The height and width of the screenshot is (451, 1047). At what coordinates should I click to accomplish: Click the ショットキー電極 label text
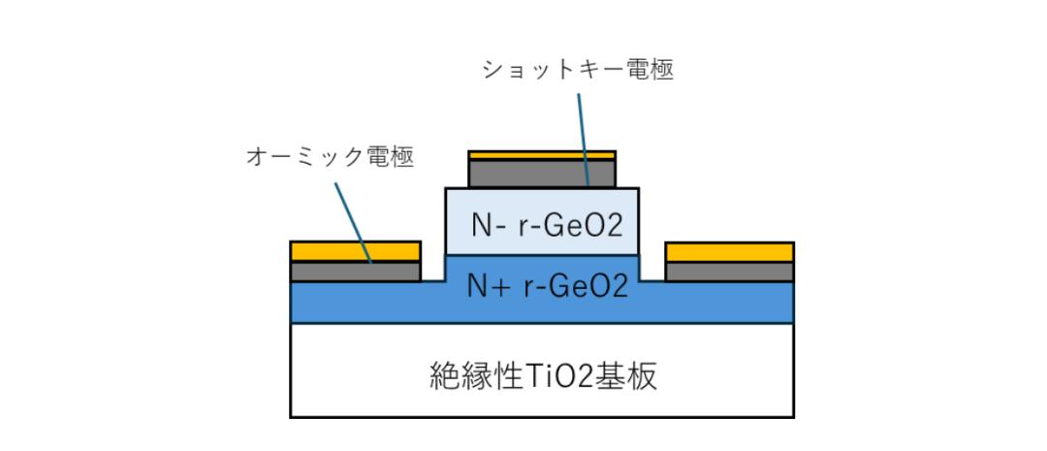click(x=578, y=70)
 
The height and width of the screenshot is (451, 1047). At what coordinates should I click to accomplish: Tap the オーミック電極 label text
click(x=330, y=158)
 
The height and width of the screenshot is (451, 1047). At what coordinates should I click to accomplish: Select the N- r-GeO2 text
click(x=547, y=226)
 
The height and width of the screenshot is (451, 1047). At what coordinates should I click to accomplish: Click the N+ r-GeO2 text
click(x=547, y=287)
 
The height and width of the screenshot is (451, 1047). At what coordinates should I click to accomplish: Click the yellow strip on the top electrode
click(x=542, y=155)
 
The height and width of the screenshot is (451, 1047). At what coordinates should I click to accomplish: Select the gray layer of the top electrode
click(x=542, y=173)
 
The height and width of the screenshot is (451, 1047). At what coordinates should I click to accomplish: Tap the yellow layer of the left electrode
click(x=355, y=251)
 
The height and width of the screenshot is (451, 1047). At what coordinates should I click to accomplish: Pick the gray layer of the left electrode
click(x=355, y=272)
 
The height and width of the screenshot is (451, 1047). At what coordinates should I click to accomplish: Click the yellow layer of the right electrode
click(x=729, y=252)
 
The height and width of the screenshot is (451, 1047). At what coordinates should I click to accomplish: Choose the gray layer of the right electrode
click(x=729, y=272)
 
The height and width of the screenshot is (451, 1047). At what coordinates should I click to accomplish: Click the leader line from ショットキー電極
click(x=583, y=139)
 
